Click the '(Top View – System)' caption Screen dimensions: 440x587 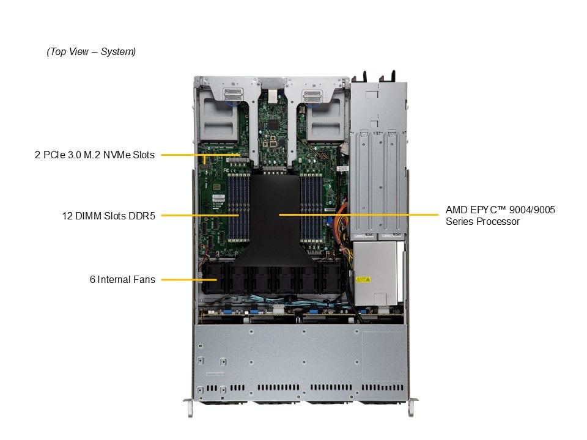click(91, 52)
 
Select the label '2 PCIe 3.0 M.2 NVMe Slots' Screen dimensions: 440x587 click(94, 155)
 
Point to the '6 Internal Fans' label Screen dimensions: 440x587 click(122, 279)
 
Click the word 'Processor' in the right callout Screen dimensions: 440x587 click(499, 221)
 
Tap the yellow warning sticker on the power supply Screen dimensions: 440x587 click(363, 279)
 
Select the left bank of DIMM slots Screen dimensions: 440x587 click(238, 208)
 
